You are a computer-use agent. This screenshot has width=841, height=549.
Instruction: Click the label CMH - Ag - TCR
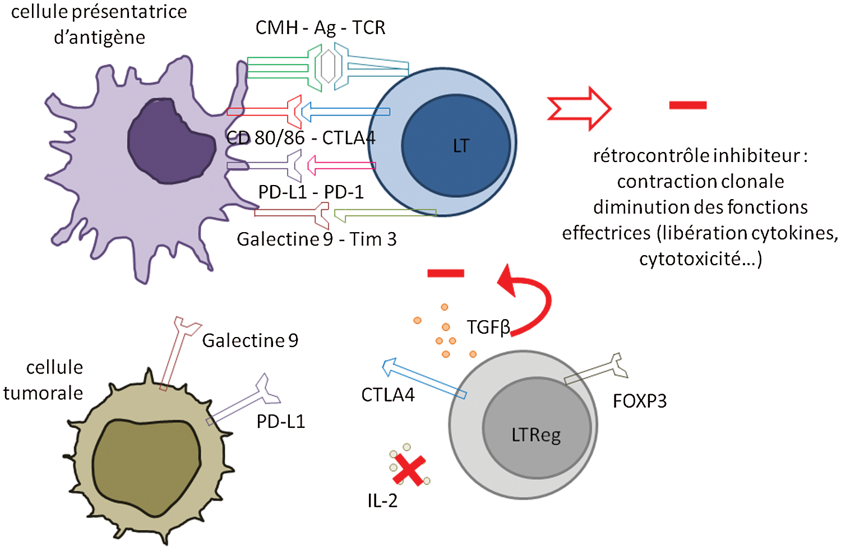tap(320, 28)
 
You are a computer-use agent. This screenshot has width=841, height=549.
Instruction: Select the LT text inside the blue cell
tap(461, 146)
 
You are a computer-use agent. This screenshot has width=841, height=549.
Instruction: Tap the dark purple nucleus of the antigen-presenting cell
tap(171, 141)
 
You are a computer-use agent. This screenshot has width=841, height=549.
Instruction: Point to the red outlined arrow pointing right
tap(579, 109)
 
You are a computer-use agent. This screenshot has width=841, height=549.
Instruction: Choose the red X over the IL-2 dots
tap(409, 470)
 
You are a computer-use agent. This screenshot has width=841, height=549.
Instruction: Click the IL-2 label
tap(382, 501)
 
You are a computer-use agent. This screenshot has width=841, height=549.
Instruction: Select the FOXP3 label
tap(640, 402)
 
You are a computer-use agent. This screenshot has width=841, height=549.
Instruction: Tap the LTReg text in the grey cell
tap(536, 436)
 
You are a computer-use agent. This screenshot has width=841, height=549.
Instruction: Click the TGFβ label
tap(488, 327)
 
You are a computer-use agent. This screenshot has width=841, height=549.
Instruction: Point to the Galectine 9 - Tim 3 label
tap(317, 239)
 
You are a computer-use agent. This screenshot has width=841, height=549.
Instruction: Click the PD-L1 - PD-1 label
tap(311, 192)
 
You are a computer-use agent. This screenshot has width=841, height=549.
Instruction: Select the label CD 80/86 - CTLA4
tap(301, 138)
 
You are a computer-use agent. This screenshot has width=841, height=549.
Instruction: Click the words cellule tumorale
tap(43, 380)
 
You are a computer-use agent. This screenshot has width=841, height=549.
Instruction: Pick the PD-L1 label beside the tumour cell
tap(281, 422)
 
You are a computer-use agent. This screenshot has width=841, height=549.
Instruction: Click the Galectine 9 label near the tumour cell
tap(250, 340)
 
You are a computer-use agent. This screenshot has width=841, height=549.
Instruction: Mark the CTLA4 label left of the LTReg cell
tap(388, 395)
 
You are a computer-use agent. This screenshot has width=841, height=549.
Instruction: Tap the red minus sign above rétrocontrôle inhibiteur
tap(688, 105)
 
